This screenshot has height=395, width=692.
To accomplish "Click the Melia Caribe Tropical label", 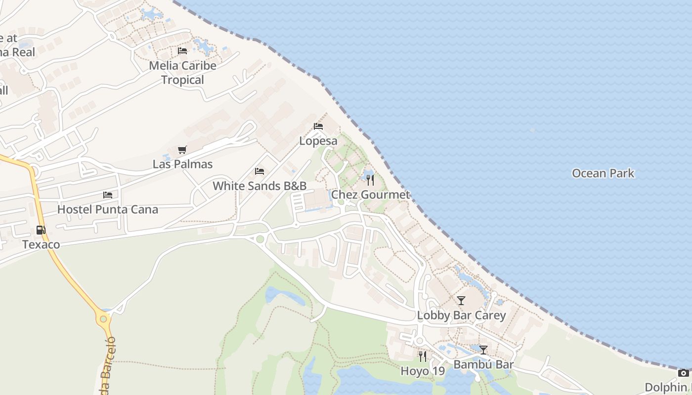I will pos(182,73).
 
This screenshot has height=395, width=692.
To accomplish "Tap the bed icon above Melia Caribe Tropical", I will pos(182,50).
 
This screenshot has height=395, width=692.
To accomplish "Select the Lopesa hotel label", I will pos(318,141).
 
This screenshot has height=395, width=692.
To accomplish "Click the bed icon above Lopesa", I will pos(318,126).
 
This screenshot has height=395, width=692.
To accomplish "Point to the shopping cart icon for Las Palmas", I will pos(182,150).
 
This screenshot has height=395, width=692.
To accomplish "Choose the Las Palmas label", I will pos(182,164).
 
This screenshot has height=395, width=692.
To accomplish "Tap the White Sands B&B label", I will pos(259,186).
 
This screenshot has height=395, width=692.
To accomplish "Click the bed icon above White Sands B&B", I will pos(259,171).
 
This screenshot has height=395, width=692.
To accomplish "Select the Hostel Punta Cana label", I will pos(108,209).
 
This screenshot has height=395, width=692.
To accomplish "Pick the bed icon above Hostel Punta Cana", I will pos(108,195).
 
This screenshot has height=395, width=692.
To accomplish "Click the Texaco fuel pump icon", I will pos(41,230).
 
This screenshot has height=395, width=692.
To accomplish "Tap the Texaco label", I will pos(41,244).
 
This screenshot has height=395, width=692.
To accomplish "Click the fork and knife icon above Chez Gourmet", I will pos(370,180).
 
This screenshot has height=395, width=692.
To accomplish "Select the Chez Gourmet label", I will pos(370,195).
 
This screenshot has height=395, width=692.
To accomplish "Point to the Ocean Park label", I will pos(603,173).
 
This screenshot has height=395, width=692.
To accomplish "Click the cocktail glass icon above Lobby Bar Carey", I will pos(461,301).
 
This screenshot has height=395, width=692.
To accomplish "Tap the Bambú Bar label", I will pos(483,365).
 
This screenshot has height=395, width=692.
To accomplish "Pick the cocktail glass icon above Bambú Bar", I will pos(483,350).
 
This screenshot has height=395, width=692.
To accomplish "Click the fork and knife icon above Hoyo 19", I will pos(423,356).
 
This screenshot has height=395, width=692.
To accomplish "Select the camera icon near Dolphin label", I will pos(683,373).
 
